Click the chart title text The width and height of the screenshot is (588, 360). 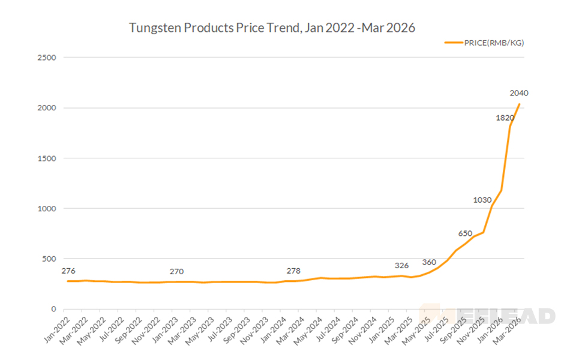pyautogui.click(x=272, y=28)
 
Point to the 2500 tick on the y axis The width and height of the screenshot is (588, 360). pyautogui.click(x=46, y=58)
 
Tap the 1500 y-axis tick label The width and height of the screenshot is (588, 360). pyautogui.click(x=46, y=158)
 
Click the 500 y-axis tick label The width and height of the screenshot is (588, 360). pyautogui.click(x=49, y=259)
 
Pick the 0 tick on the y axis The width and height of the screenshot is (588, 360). pyautogui.click(x=53, y=309)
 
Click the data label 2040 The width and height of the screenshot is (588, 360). pyautogui.click(x=518, y=93)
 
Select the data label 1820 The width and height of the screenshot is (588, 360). pyautogui.click(x=505, y=118)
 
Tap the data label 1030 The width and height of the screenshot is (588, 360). pyautogui.click(x=482, y=200)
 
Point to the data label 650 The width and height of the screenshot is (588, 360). pyautogui.click(x=465, y=233)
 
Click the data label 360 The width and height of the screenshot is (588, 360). pyautogui.click(x=429, y=262)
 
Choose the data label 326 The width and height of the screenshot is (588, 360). pyautogui.click(x=401, y=265)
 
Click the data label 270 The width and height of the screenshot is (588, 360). pyautogui.click(x=176, y=271)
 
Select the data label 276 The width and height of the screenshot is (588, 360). pyautogui.click(x=68, y=271)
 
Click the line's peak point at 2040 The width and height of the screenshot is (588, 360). pyautogui.click(x=519, y=104)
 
